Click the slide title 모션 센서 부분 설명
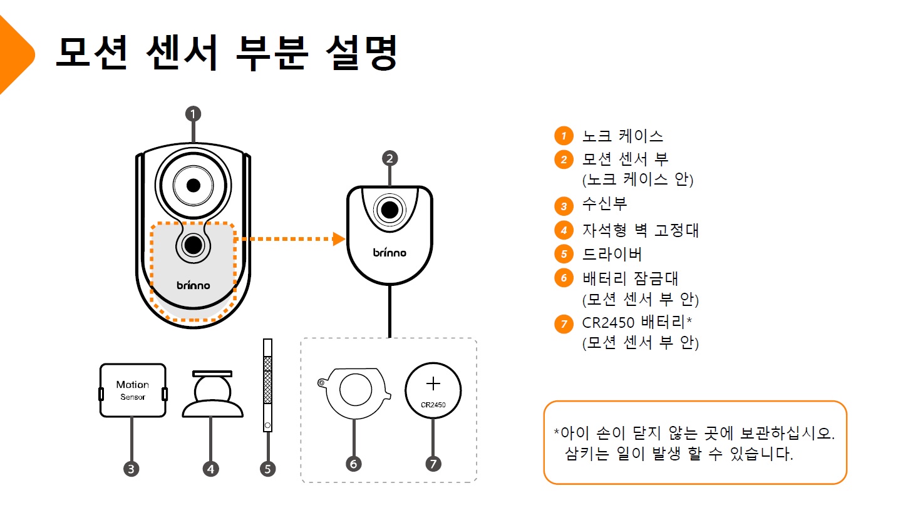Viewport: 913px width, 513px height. pyautogui.click(x=227, y=53)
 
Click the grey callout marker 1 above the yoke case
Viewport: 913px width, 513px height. pyautogui.click(x=193, y=114)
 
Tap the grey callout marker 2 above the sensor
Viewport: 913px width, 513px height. pyautogui.click(x=389, y=158)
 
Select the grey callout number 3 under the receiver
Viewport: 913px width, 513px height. pyautogui.click(x=132, y=469)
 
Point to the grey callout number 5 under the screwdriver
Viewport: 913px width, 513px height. pyautogui.click(x=268, y=469)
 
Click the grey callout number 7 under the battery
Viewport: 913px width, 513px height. pyautogui.click(x=433, y=464)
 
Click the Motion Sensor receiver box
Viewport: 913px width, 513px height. pyautogui.click(x=133, y=390)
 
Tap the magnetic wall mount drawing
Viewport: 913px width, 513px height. pyautogui.click(x=212, y=394)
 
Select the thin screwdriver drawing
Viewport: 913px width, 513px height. pyautogui.click(x=267, y=385)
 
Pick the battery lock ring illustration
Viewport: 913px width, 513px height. pyautogui.click(x=354, y=392)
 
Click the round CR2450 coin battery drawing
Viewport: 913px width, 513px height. pyautogui.click(x=433, y=390)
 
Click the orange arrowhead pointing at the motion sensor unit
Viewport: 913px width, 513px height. pyautogui.click(x=339, y=239)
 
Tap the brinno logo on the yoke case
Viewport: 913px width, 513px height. pyautogui.click(x=193, y=285)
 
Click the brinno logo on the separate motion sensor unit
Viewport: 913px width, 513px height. pyautogui.click(x=389, y=252)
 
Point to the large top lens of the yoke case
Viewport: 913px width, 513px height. pyautogui.click(x=193, y=186)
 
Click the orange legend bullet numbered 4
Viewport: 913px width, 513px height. pyautogui.click(x=564, y=230)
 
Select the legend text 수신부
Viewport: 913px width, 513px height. pyautogui.click(x=604, y=204)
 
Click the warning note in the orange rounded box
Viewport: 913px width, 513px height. pyautogui.click(x=694, y=443)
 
